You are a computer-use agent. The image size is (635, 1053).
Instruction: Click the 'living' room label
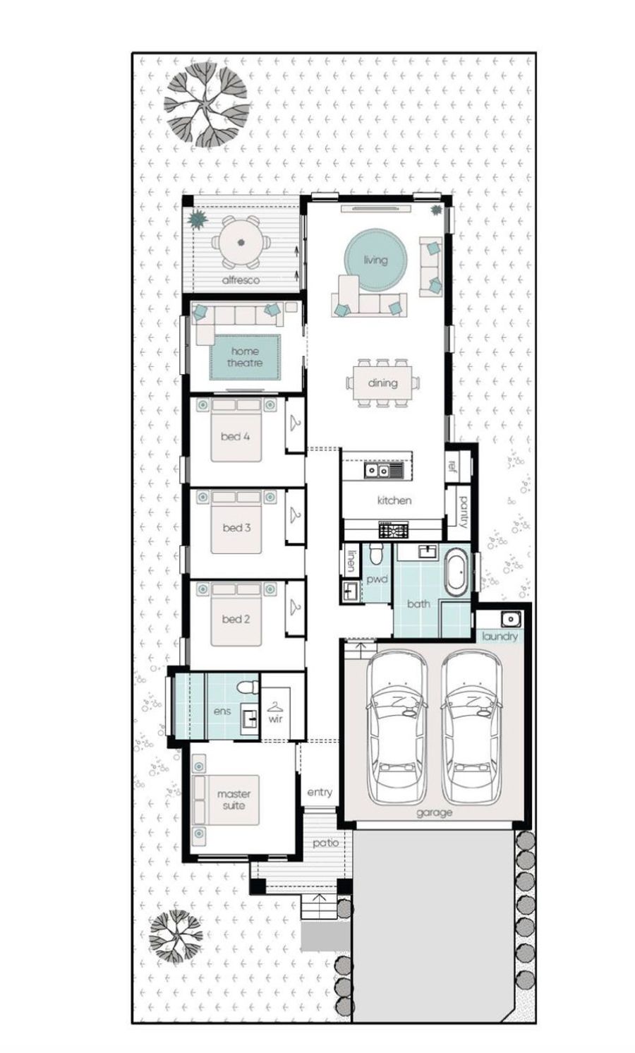pyautogui.click(x=375, y=260)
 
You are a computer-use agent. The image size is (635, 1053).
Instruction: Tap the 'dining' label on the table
pyautogui.click(x=382, y=383)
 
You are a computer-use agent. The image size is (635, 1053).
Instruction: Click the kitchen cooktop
pyautogui.click(x=394, y=530)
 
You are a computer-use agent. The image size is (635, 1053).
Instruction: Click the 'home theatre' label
pyautogui.click(x=245, y=357)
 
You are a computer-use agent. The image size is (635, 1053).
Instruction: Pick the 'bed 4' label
pyautogui.click(x=235, y=436)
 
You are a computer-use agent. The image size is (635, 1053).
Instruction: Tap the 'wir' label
pyautogui.click(x=275, y=718)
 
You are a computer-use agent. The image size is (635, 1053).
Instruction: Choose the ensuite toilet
pyautogui.click(x=248, y=687)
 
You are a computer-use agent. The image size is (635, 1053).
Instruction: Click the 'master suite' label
pyautogui.click(x=234, y=800)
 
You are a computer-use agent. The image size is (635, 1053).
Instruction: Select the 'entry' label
pyautogui.click(x=320, y=793)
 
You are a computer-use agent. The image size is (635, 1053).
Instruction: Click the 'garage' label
pyautogui.click(x=434, y=813)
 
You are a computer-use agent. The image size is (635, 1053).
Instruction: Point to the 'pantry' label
pyautogui.click(x=464, y=512)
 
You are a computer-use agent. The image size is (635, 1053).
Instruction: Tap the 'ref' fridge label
pyautogui.click(x=452, y=465)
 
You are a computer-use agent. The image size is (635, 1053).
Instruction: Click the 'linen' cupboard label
pyautogui.click(x=351, y=561)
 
